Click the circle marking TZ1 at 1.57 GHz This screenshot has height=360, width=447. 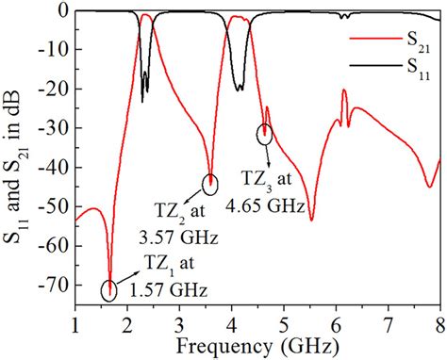(109, 290)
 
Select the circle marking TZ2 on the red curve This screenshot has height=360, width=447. (209, 184)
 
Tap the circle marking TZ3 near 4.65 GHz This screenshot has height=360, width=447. (265, 134)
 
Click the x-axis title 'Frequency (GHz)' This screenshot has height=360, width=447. (257, 345)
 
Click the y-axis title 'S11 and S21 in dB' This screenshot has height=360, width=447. (16, 160)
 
